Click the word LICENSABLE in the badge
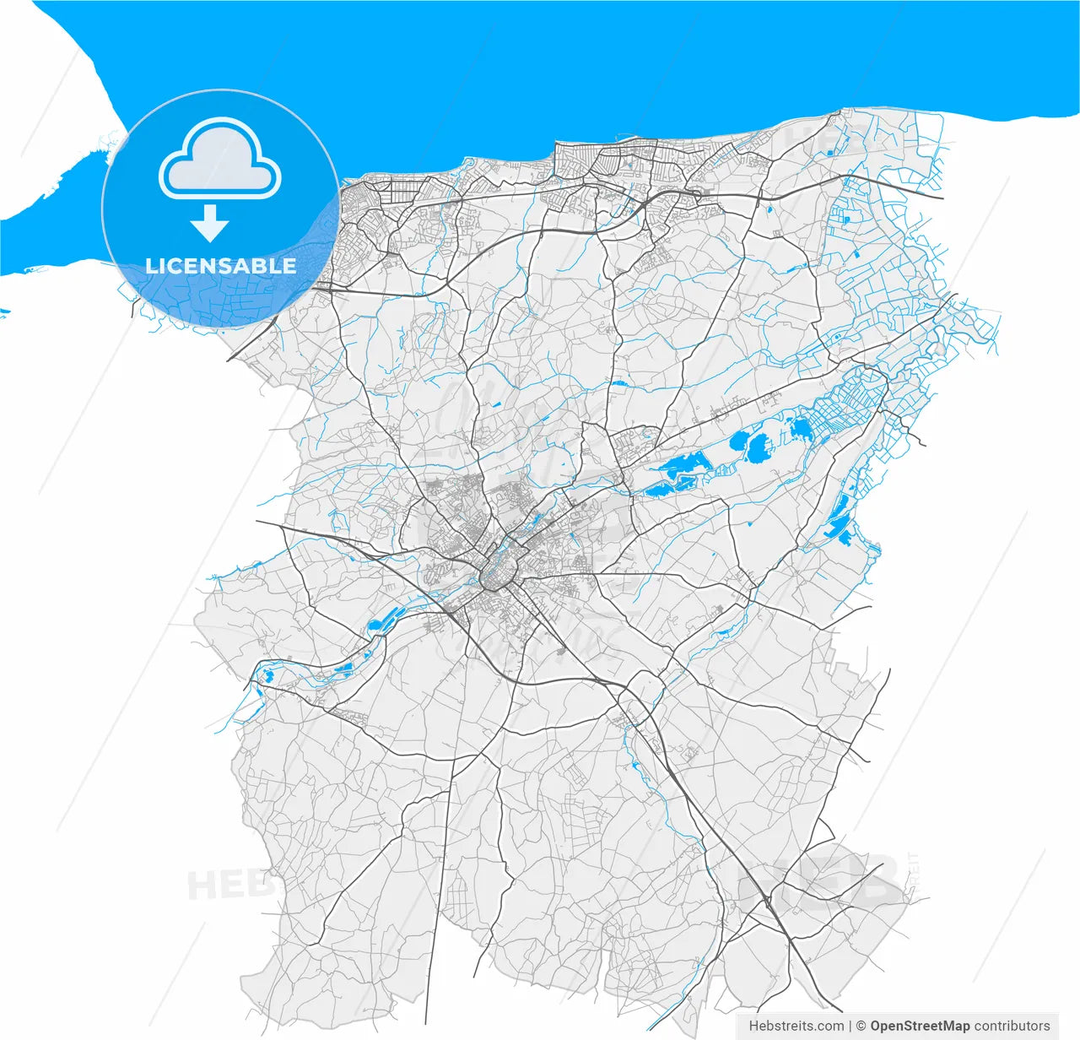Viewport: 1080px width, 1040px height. pos(220,266)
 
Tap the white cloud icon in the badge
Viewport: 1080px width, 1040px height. pos(219,160)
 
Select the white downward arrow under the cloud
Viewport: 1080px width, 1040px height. pos(209,224)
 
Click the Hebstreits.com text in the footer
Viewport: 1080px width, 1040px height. pos(796,1026)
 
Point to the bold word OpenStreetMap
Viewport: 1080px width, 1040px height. pos(920,1026)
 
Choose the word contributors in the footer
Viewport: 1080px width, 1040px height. pos(1012,1026)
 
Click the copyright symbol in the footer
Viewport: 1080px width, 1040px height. pos(861,1026)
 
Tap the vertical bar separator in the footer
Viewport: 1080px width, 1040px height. pos(850,1026)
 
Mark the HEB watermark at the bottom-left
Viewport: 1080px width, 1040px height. pos(224,885)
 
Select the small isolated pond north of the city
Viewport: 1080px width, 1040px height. pos(620,384)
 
